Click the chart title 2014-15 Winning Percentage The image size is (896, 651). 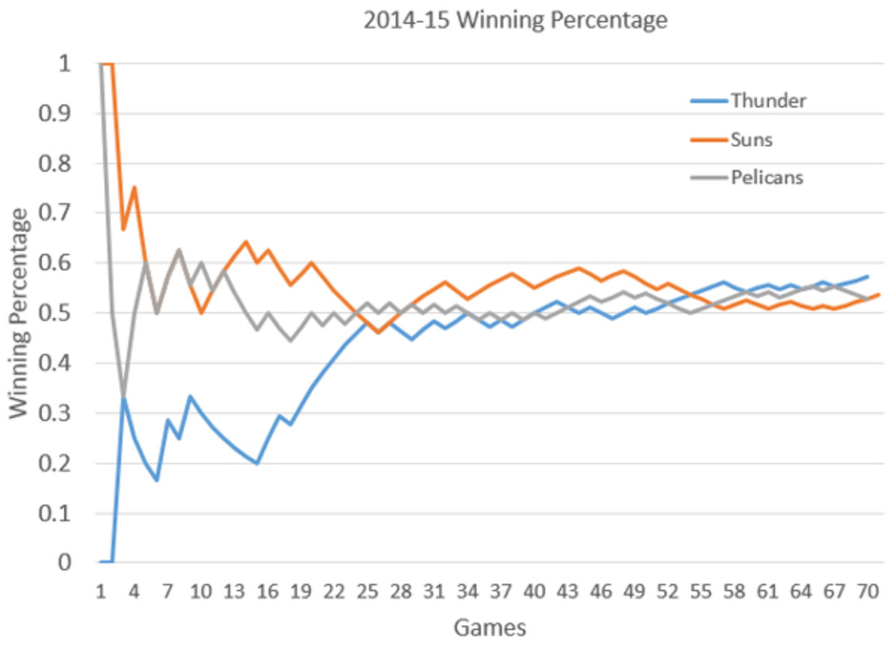pos(514,20)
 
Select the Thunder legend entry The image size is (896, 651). pos(768,100)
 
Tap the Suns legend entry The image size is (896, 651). pos(751,140)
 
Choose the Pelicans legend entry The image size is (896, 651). pos(767,178)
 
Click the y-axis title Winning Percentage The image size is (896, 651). pos(22,314)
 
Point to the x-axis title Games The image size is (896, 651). pos(489,628)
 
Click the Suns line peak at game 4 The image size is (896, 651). pos(134,188)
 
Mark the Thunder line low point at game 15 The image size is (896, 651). pos(257,463)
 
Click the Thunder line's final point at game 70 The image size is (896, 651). pos(868,276)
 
